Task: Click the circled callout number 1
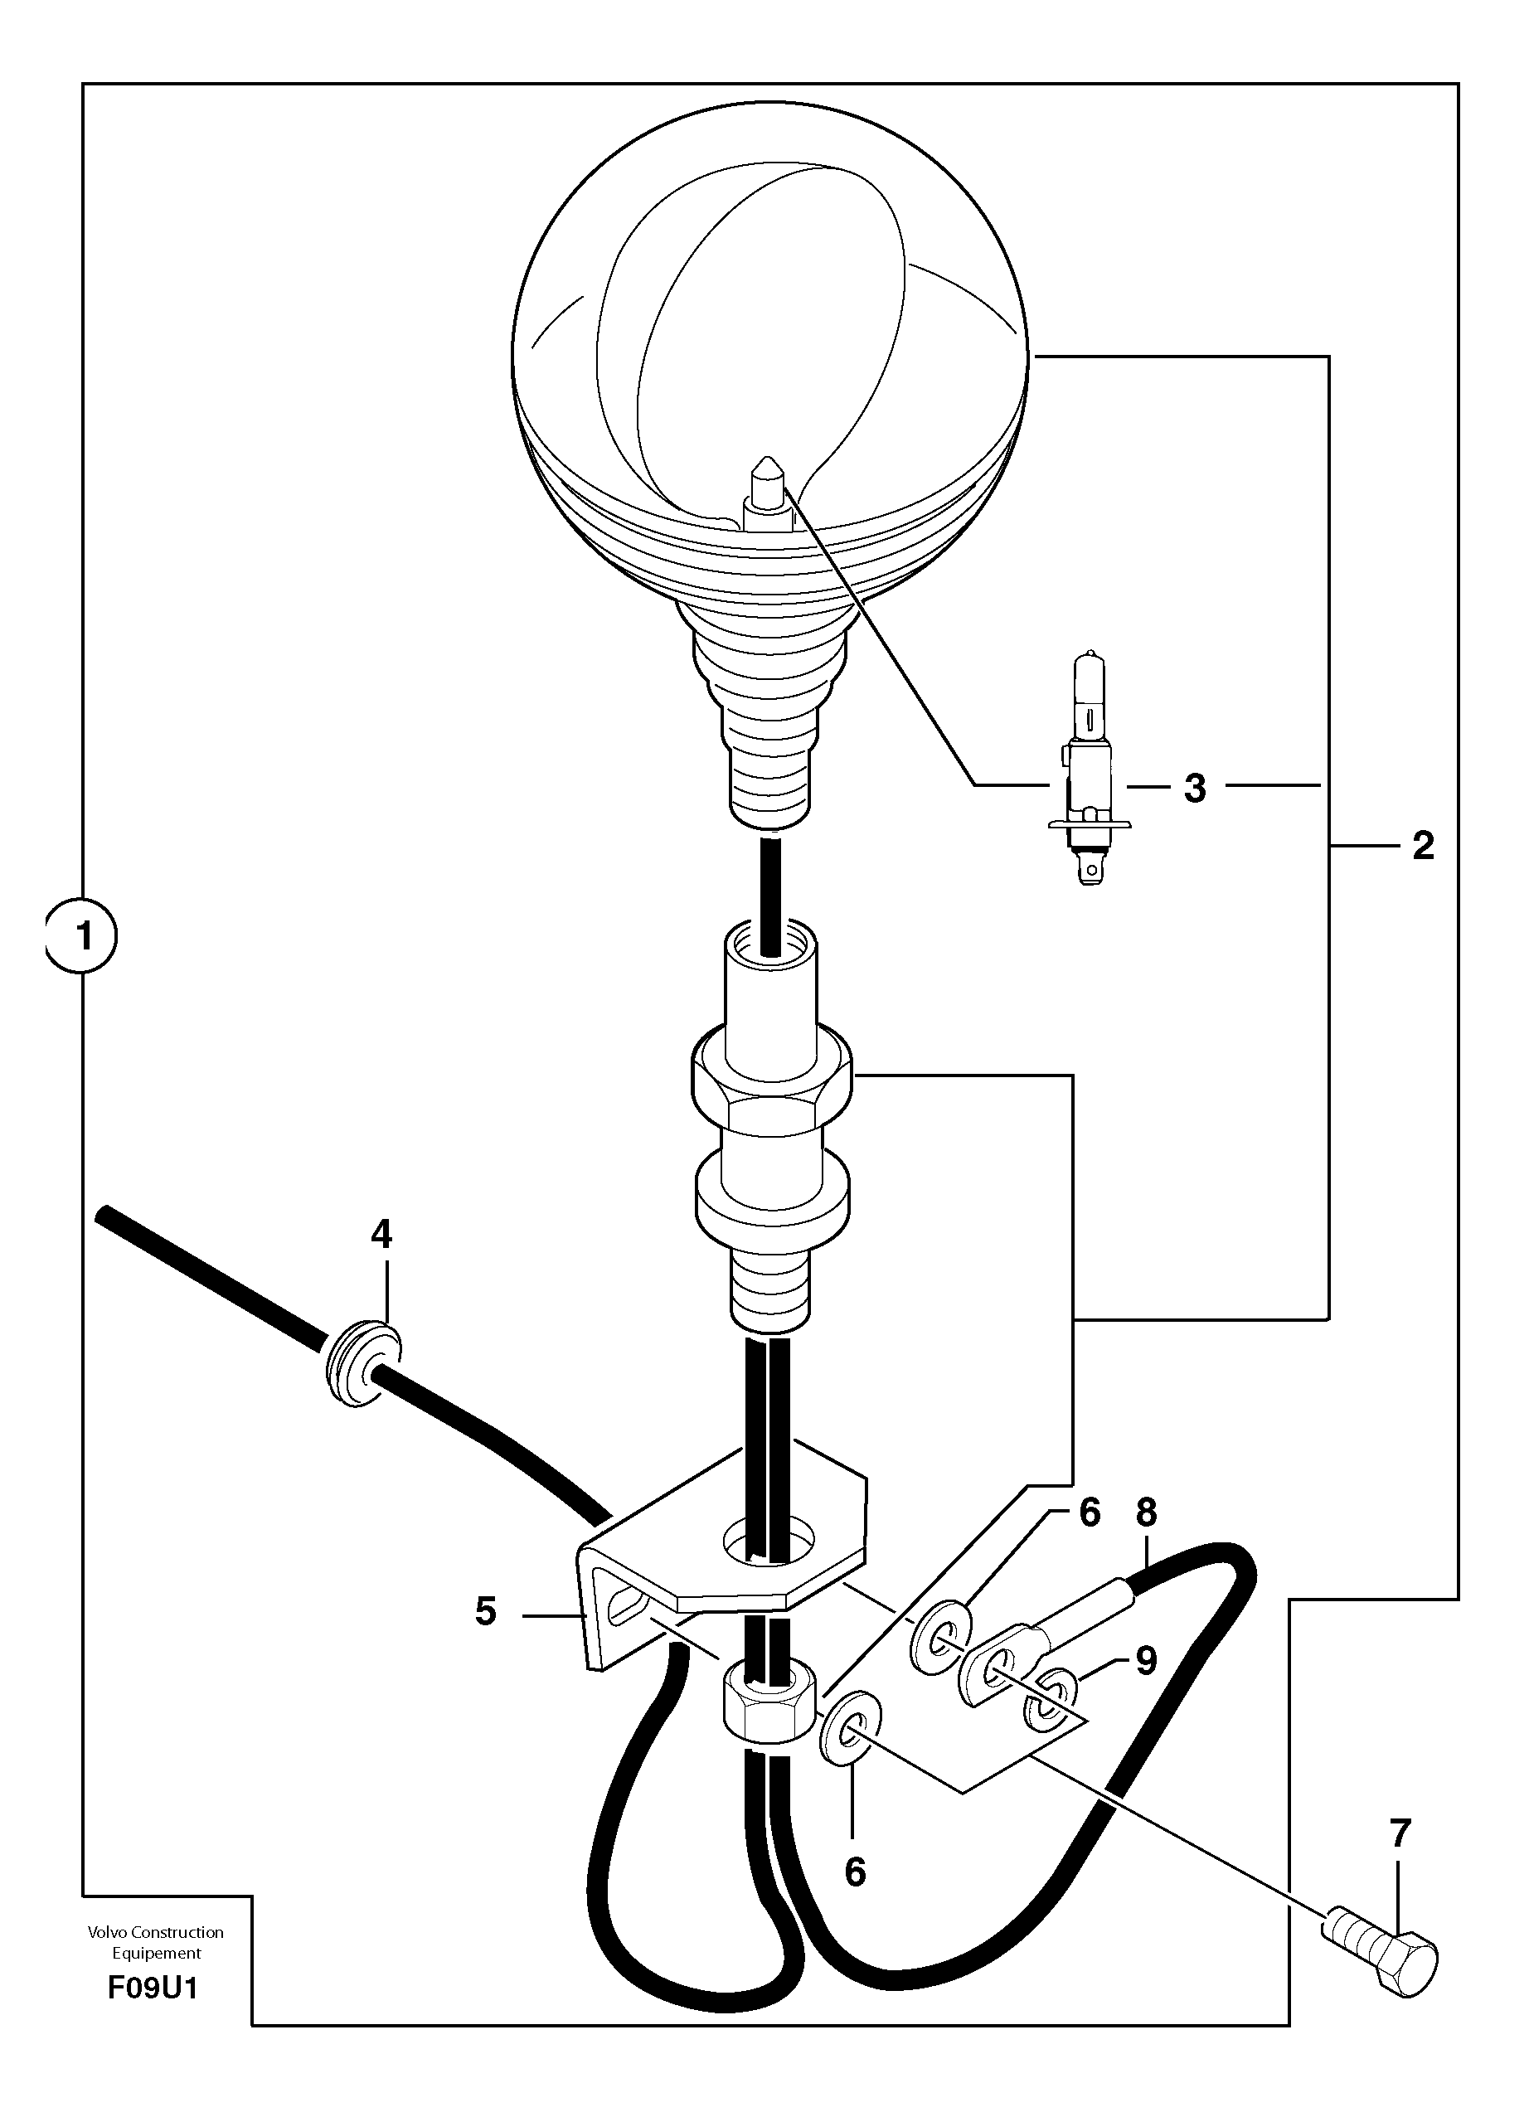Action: click(84, 935)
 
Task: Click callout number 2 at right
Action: click(1423, 846)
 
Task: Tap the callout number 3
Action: click(1195, 788)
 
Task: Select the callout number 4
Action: click(381, 1235)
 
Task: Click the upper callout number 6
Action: click(1089, 1512)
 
